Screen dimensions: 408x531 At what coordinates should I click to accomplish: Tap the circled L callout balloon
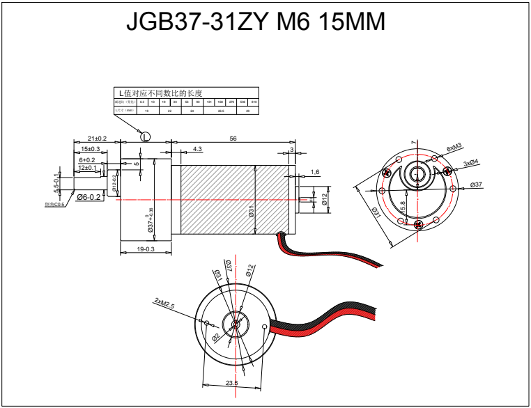tap(146, 136)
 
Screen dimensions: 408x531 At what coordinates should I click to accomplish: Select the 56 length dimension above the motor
tap(233, 139)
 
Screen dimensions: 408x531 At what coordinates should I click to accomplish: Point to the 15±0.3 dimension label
tap(90, 149)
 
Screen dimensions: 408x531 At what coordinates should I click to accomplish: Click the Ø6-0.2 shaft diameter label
tap(89, 197)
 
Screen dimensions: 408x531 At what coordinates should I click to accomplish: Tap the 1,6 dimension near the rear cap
tap(314, 172)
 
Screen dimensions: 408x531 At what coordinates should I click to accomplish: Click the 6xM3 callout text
tap(454, 148)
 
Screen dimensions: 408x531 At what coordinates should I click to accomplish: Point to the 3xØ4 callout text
tap(472, 163)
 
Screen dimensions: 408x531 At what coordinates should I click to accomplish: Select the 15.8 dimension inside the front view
tap(403, 206)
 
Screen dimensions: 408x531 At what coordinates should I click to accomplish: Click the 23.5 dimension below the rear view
tap(232, 382)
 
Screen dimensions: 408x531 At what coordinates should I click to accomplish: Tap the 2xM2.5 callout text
tap(164, 303)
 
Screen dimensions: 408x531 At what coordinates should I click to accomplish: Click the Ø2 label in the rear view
tap(216, 336)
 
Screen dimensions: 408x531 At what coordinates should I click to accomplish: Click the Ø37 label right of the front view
tap(477, 185)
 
